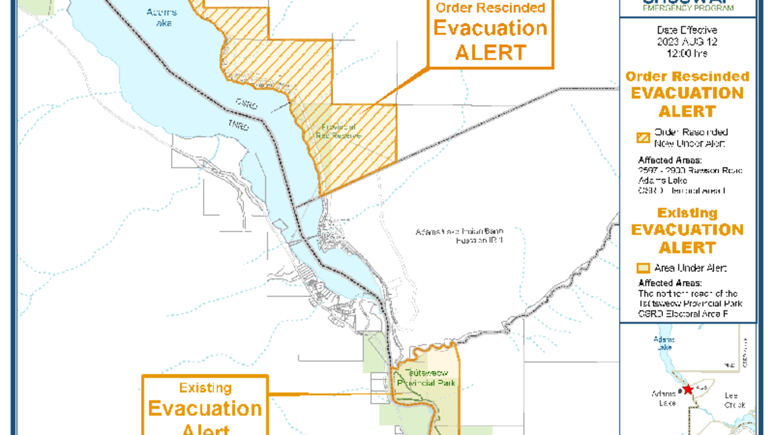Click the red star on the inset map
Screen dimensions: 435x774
point(688,389)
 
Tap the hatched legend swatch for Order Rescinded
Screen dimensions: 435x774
point(643,137)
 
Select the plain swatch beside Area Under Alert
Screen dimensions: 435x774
point(643,268)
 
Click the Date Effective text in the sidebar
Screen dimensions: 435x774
point(687,30)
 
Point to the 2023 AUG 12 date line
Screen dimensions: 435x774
point(687,41)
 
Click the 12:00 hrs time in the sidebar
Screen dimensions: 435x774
point(687,53)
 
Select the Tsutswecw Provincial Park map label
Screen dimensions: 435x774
point(426,378)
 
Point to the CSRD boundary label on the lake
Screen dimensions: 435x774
point(246,103)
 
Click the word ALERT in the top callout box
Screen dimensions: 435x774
point(490,53)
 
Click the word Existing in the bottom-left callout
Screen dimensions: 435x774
point(205,388)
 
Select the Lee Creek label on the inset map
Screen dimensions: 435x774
point(735,400)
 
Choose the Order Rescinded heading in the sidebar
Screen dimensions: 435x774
point(687,76)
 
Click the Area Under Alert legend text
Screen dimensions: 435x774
point(691,268)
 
